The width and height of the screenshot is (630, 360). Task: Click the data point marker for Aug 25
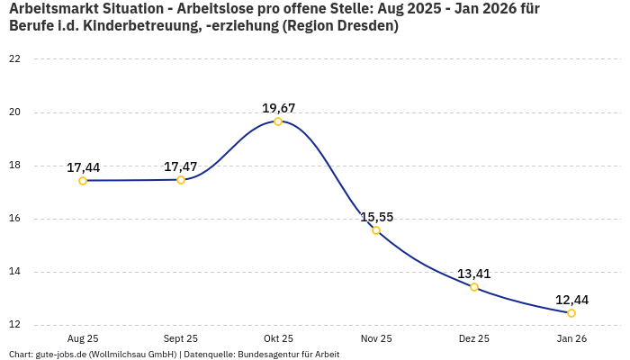coord(83,181)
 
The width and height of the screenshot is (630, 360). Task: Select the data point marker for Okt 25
coord(278,121)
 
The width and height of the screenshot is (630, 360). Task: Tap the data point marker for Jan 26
coord(571,313)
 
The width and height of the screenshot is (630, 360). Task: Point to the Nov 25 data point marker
coord(376,230)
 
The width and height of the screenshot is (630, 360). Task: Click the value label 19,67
coord(278,108)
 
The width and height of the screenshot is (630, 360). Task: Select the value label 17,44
coord(83,167)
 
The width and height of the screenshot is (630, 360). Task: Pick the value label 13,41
coord(473,274)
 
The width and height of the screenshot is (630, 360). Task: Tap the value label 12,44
coord(571,300)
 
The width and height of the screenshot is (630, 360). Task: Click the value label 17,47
coord(181,166)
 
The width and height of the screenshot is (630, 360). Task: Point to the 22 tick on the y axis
coord(14,59)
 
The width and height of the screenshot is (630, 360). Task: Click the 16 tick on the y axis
coord(14,219)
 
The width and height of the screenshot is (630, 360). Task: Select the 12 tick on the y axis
coord(14,325)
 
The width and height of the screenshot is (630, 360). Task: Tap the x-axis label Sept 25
coord(181,339)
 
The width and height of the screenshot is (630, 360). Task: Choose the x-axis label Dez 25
coord(473,339)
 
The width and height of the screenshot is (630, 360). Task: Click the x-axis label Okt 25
coord(278,339)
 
